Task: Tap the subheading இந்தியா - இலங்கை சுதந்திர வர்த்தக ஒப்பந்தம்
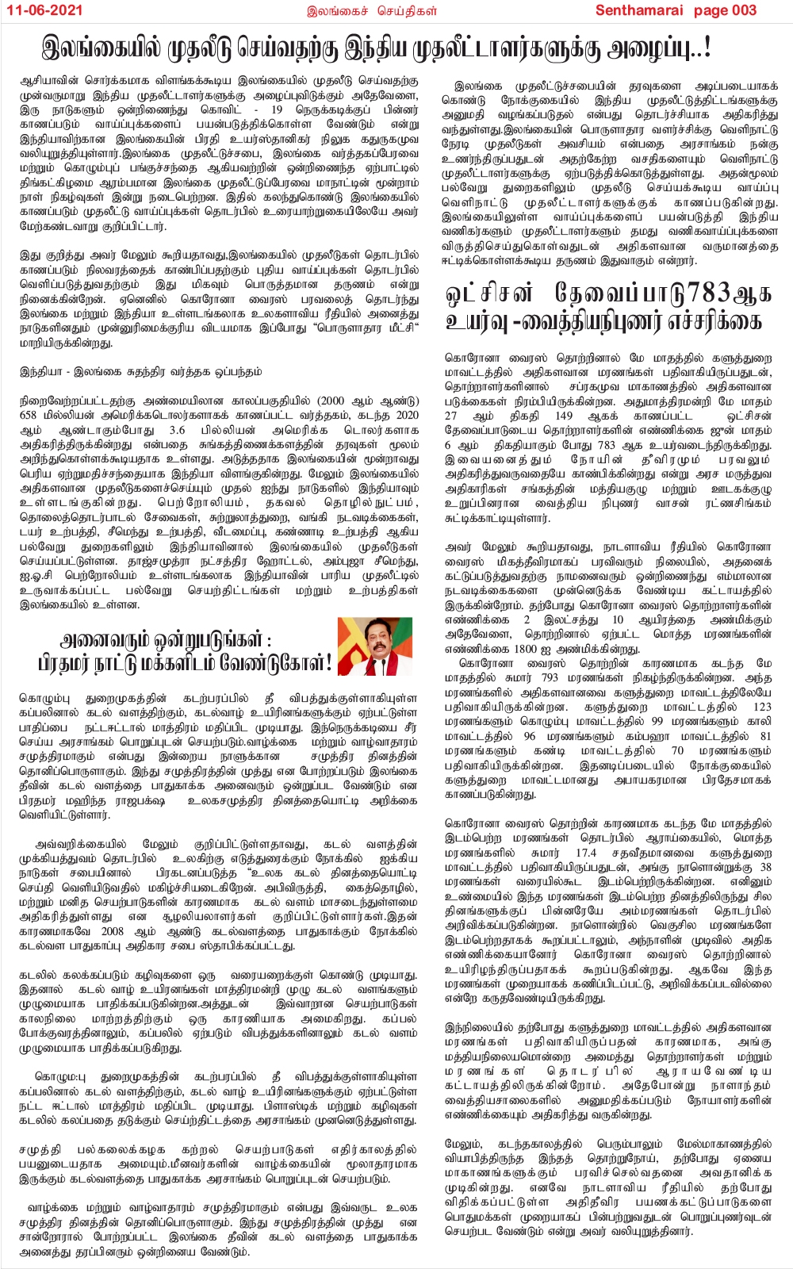coord(140,371)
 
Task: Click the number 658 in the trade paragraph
coord(29,415)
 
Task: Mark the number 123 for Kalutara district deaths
coord(761,707)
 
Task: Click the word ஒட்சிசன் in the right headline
coord(489,293)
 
